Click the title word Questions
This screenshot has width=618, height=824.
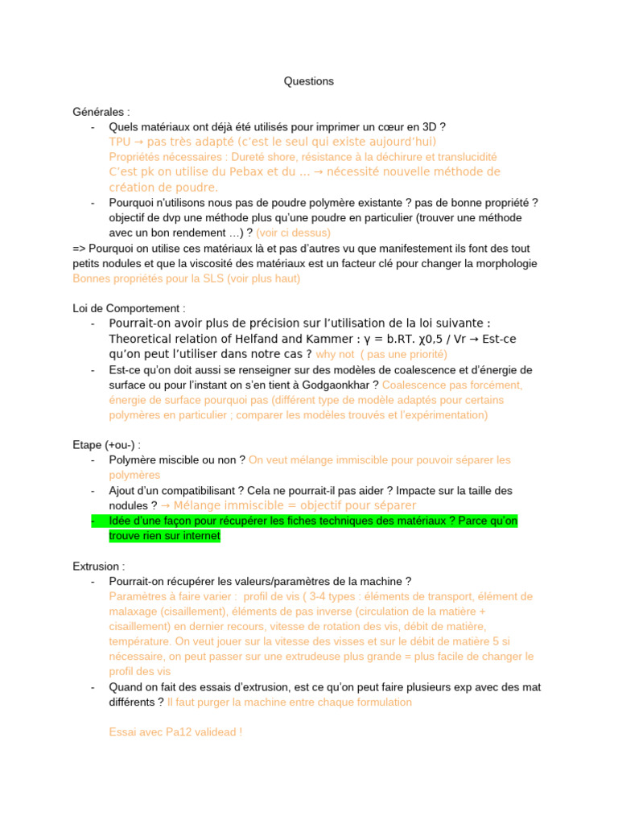pyautogui.click(x=309, y=81)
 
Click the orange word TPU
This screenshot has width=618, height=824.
pyautogui.click(x=120, y=142)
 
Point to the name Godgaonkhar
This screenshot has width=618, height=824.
pyautogui.click(x=330, y=385)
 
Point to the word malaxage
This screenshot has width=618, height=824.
pyautogui.click(x=133, y=612)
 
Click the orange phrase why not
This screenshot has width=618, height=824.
pyautogui.click(x=335, y=354)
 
